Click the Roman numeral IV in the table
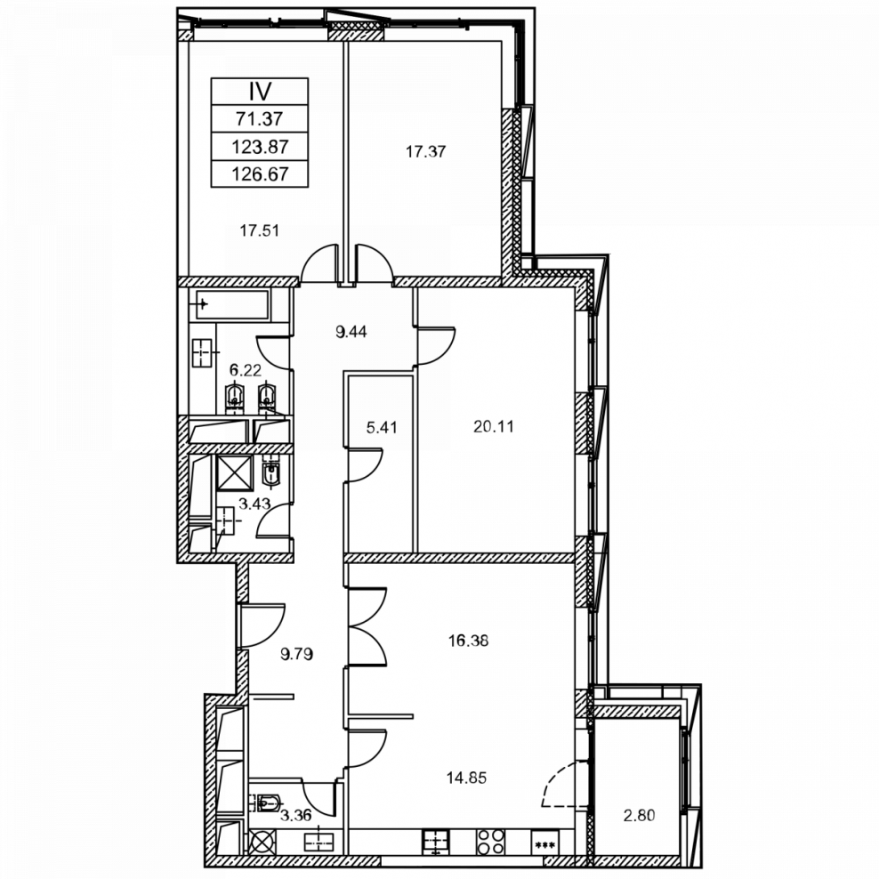pos(260,92)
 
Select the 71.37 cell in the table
pos(260,119)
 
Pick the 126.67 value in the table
pos(260,173)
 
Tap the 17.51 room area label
pos(260,230)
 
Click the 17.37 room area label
pos(426,151)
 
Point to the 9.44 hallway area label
pos(351,332)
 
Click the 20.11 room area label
pos(493,427)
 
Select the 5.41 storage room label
pos(382,428)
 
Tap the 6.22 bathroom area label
pos(246,370)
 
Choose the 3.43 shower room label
pos(254,504)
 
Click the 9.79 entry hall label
pos(296,654)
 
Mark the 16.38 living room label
pos(468,641)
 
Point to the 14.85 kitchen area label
pos(466,778)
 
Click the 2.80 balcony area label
pos(639,815)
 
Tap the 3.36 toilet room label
pos(295,815)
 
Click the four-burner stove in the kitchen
pos(490,842)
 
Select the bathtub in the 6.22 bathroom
pos(232,305)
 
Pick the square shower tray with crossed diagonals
pos(235,473)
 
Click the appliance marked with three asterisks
pos(544,843)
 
